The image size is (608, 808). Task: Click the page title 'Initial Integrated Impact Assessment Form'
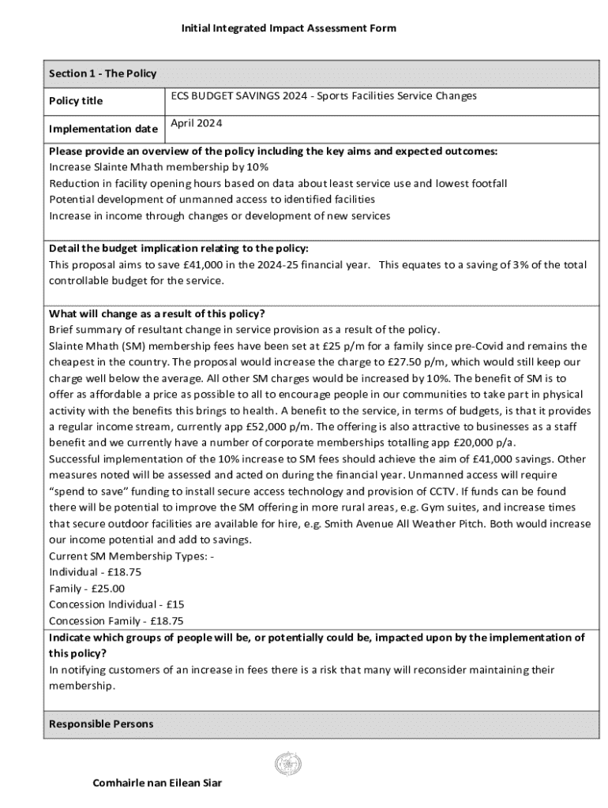tap(288, 28)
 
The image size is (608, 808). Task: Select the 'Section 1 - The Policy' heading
tap(103, 73)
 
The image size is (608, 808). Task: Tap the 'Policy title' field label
tap(76, 101)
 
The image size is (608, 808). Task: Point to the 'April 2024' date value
tap(196, 124)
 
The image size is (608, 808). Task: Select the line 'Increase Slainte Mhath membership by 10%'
tap(159, 167)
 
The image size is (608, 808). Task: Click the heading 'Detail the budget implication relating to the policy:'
tap(178, 249)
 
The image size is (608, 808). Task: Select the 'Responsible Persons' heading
tap(101, 724)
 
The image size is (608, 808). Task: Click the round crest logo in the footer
tap(287, 764)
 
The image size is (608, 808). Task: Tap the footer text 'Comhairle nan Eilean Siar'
tap(157, 784)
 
